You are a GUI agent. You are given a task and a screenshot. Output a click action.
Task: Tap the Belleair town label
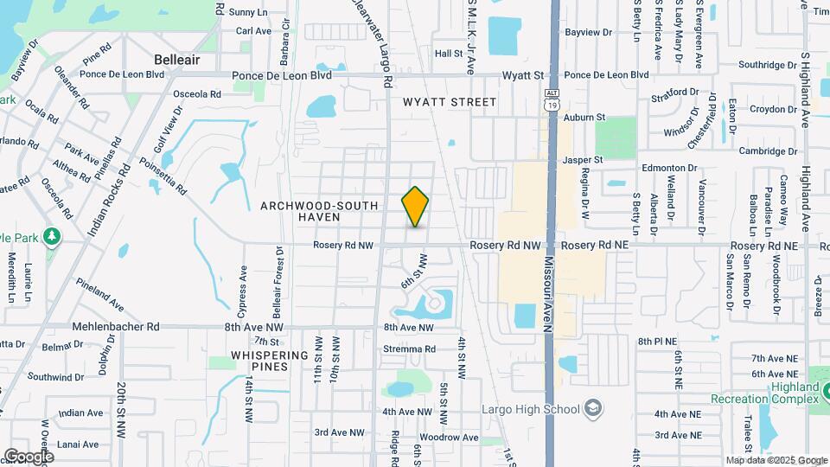(x=177, y=60)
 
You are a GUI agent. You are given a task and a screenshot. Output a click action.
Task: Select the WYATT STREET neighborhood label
(x=450, y=102)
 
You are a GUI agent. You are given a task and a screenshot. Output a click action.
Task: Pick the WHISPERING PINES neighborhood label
(x=270, y=361)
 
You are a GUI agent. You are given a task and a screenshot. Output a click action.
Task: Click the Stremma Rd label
(x=411, y=349)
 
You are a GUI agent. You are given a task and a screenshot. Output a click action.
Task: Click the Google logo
(x=29, y=456)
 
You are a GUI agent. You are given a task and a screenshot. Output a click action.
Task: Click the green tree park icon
(x=53, y=235)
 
